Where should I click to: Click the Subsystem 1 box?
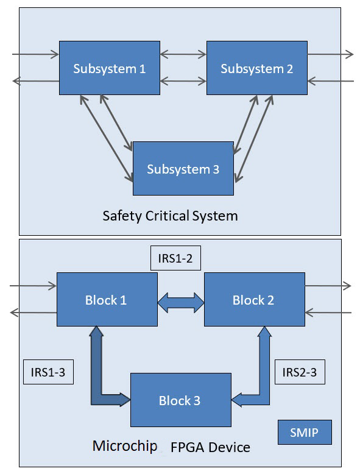click(110, 68)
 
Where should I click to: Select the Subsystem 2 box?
click(257, 68)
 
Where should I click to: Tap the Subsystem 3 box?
click(183, 168)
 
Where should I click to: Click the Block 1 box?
click(107, 300)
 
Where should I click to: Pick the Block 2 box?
click(255, 300)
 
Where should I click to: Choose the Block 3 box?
click(181, 400)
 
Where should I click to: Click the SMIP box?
click(305, 433)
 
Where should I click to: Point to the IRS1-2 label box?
click(175, 258)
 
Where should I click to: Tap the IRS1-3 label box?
click(48, 372)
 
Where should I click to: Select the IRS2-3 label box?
click(300, 372)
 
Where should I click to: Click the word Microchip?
click(125, 446)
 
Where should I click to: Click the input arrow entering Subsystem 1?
click(36, 54)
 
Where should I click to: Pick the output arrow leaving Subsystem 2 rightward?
click(330, 54)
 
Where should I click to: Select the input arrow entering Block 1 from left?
click(34, 286)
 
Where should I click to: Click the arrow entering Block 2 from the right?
click(328, 313)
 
